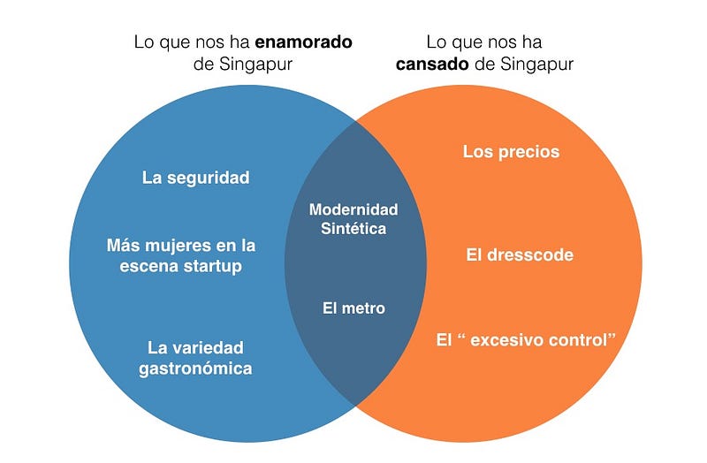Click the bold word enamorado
point(303,42)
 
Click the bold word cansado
point(432,64)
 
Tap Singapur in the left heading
point(255,65)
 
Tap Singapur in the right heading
point(536,65)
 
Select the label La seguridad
point(195,178)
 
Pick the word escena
point(148,266)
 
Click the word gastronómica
point(195,368)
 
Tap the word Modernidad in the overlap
point(353,209)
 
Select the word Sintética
point(353,229)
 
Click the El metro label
point(354,308)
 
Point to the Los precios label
point(512,152)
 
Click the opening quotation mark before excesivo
point(460,336)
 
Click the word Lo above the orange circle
point(436,42)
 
